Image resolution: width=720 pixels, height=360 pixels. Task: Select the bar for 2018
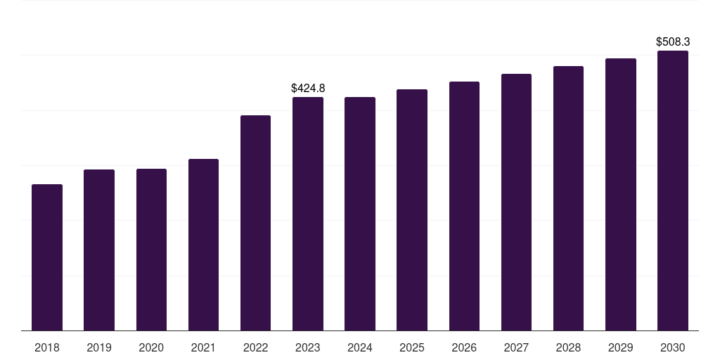coord(47,257)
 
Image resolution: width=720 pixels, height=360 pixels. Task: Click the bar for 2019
coord(99,250)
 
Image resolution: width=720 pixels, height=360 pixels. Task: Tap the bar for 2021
coord(203,245)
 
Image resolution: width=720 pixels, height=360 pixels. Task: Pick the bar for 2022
coord(255,223)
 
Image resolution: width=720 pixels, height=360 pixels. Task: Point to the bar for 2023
coord(308,214)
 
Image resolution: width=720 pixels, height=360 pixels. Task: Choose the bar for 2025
coord(412,210)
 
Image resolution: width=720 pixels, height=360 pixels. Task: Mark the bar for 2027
coord(516,202)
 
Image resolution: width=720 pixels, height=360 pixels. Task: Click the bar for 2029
coord(620,194)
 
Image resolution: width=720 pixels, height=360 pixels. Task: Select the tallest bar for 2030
coord(673,191)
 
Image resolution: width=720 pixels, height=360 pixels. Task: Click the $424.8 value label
coord(308,88)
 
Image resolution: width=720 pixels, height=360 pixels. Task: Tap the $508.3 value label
coord(673,41)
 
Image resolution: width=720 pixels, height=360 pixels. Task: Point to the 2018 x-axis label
coord(47,347)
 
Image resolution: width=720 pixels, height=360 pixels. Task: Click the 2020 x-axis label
coord(151,347)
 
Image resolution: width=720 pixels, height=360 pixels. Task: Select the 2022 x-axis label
coord(255,347)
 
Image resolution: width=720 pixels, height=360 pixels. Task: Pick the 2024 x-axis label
coord(359,347)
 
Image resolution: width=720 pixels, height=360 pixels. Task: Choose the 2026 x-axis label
coord(464,347)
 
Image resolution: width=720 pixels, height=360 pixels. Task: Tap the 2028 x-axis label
coord(568,347)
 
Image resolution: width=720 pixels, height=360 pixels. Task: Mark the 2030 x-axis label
coord(673,347)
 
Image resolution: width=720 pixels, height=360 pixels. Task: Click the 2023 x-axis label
coord(308,347)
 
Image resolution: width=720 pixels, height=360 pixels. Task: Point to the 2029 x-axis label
coord(620,347)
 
